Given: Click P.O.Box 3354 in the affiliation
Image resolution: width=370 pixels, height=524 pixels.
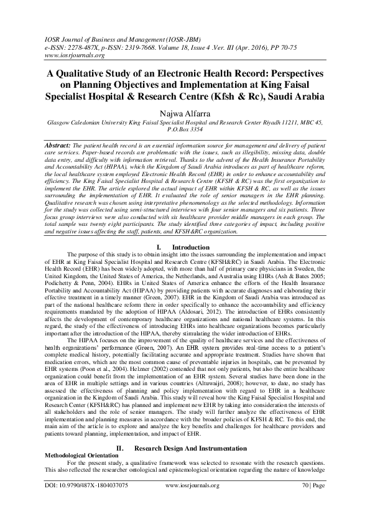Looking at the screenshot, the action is click(x=185, y=133).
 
